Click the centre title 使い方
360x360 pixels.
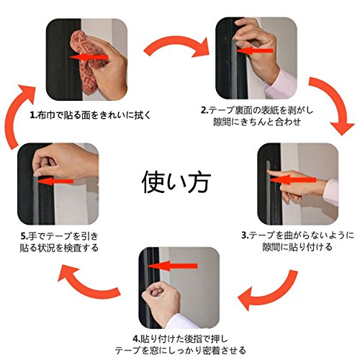click(176, 181)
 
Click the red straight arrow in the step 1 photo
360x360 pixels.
click(89, 58)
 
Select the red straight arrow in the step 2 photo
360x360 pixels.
click(255, 50)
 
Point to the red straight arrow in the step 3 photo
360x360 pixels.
click(293, 180)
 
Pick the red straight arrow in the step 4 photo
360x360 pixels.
click(172, 266)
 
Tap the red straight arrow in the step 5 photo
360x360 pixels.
click(55, 181)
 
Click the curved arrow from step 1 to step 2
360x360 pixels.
click(176, 44)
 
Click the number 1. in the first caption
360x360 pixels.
click(34, 115)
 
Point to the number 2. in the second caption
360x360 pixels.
click(204, 110)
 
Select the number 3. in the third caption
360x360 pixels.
click(245, 235)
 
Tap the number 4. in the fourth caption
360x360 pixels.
click(136, 339)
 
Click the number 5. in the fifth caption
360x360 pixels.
click(24, 236)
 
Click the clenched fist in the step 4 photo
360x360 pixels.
click(161, 300)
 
